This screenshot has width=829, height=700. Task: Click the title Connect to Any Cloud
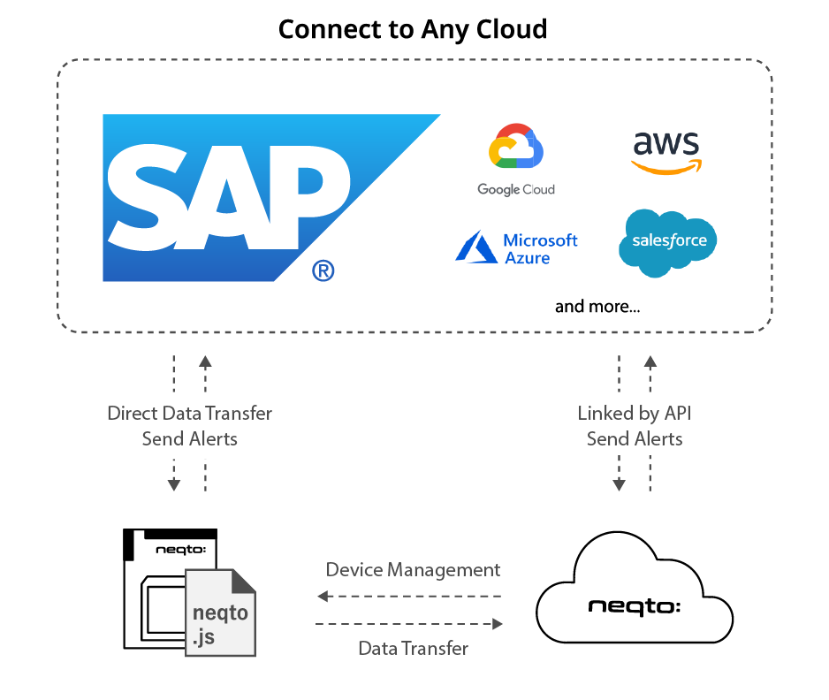pos(413,29)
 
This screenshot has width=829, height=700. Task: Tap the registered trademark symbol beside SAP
pos(323,270)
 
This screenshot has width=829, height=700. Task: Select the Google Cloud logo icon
pos(515,148)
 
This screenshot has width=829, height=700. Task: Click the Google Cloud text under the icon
pos(516,189)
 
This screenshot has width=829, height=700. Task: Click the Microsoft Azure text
pos(540,249)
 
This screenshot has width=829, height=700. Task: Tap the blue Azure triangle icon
pos(475,247)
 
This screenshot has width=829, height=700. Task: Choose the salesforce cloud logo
pos(668,241)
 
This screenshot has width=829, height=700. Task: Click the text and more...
pos(597,308)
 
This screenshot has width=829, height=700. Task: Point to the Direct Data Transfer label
pos(189,413)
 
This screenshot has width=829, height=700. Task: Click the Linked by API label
pos(635,413)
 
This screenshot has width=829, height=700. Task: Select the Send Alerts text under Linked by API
pos(635,438)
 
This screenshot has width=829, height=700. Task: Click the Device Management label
pos(413,569)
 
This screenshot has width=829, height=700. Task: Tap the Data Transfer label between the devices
pos(413,648)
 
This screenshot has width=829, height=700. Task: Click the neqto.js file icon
pos(220,612)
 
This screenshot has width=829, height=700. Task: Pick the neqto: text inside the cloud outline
pos(635,606)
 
